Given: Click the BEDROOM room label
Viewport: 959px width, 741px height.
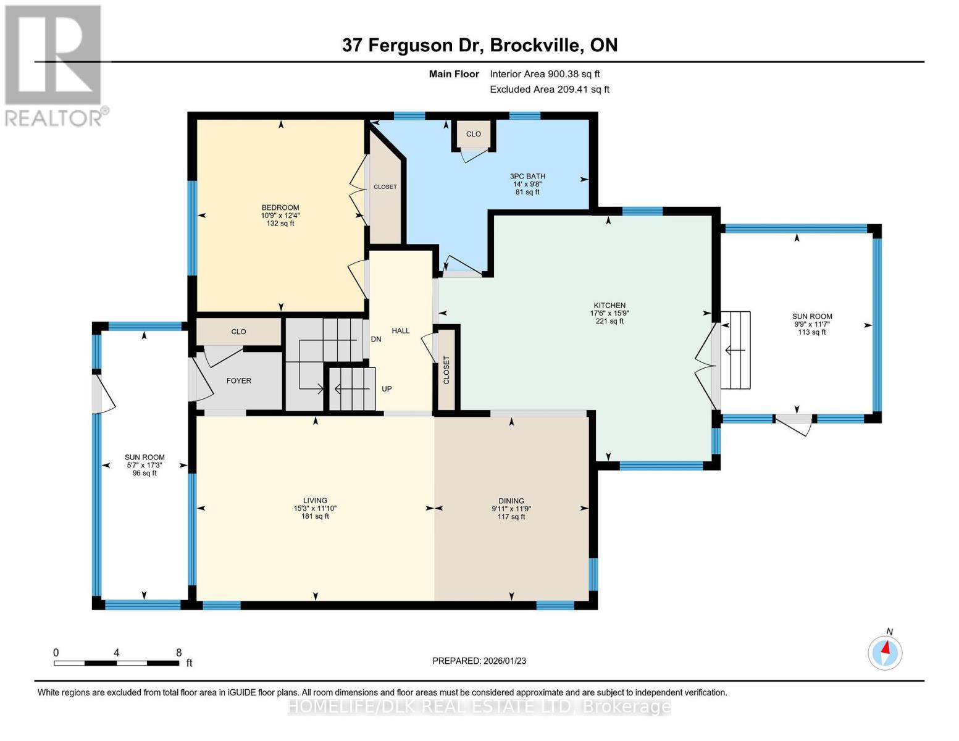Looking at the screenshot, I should pyautogui.click(x=280, y=208).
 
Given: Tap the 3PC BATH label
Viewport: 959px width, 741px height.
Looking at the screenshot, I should pyautogui.click(x=527, y=177).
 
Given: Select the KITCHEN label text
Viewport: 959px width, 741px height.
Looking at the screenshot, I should pyautogui.click(x=609, y=306).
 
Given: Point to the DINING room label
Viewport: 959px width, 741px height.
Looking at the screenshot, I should pyautogui.click(x=511, y=501).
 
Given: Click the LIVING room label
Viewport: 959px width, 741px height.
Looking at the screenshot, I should pyautogui.click(x=315, y=501).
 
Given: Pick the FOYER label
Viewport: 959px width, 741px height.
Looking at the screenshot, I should pyautogui.click(x=238, y=381).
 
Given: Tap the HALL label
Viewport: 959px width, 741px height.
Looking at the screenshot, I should pyautogui.click(x=400, y=331).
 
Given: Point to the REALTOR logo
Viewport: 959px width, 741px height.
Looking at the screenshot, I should pyautogui.click(x=54, y=65).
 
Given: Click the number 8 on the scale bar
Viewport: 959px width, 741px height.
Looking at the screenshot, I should pyautogui.click(x=178, y=653).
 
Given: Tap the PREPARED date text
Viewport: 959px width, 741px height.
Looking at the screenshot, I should pyautogui.click(x=479, y=661).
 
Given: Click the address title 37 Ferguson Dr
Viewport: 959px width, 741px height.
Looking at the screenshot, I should pyautogui.click(x=480, y=45).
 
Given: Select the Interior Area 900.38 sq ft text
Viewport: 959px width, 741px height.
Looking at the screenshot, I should pyautogui.click(x=545, y=74).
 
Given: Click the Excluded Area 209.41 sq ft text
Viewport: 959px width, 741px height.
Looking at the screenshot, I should pyautogui.click(x=550, y=90).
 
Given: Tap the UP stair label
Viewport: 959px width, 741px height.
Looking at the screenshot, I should pyautogui.click(x=387, y=389).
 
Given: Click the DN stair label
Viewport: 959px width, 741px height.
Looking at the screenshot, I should pyautogui.click(x=376, y=340).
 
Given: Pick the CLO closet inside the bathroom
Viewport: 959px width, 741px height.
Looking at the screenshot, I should pyautogui.click(x=473, y=134).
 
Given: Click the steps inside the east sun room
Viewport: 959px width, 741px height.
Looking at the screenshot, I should pyautogui.click(x=735, y=350).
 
